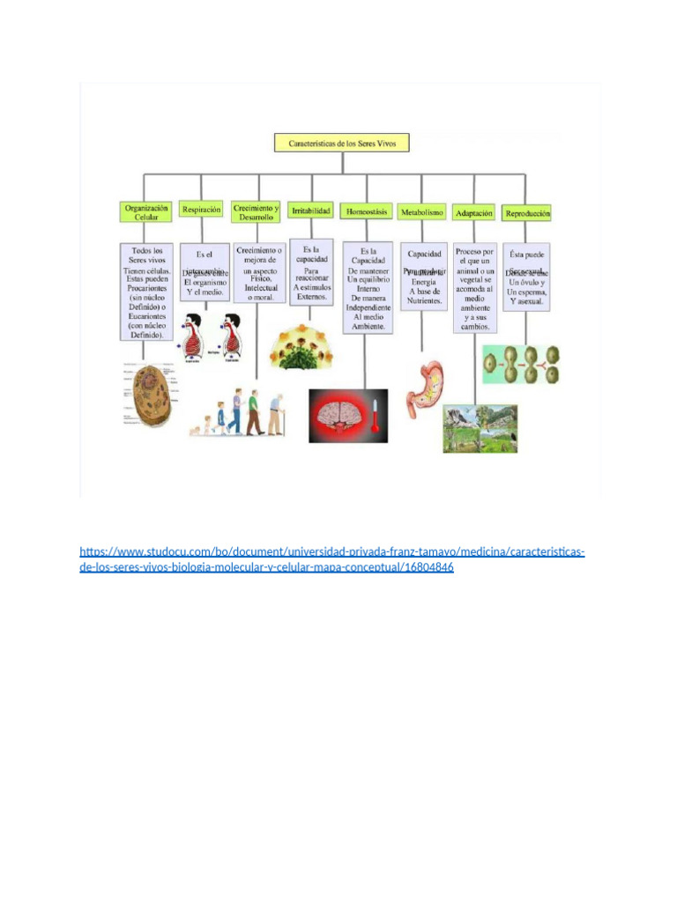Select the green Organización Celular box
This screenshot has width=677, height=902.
point(145,211)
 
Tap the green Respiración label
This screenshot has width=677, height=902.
point(201,210)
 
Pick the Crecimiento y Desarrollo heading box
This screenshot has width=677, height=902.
point(257,211)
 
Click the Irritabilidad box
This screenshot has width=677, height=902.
point(311,211)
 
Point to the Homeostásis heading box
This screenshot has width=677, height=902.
point(366,212)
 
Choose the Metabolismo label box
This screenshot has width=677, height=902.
point(421,212)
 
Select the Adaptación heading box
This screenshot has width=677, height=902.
point(474,213)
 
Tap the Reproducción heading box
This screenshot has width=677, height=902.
point(527,213)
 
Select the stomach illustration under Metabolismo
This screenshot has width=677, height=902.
point(422,388)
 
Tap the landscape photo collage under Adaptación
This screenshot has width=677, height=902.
point(480,428)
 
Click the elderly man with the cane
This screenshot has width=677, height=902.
point(277,415)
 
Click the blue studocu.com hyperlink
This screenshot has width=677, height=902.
point(332,560)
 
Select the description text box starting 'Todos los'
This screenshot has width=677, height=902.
point(145,292)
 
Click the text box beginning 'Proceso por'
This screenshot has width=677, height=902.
point(476,288)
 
